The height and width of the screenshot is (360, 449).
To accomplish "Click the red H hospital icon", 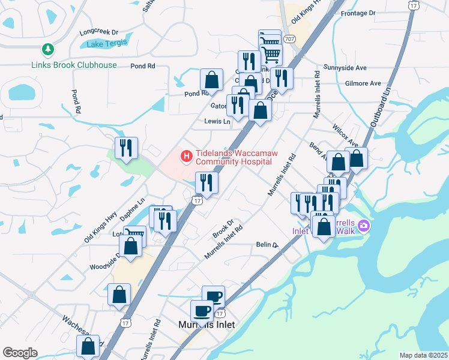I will [187, 157].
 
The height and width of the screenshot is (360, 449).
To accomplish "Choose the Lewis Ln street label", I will [217, 121].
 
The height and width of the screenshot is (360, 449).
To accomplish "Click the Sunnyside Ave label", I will [344, 67].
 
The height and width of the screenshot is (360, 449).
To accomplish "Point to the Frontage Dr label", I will [357, 13].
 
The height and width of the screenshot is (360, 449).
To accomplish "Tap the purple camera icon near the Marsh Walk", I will [363, 226].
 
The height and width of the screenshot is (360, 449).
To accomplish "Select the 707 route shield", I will [289, 39].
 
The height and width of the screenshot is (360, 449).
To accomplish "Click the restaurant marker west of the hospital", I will [126, 148].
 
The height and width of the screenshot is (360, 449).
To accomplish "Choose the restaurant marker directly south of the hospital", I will [206, 182].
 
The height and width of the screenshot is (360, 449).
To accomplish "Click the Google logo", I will [20, 352].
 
